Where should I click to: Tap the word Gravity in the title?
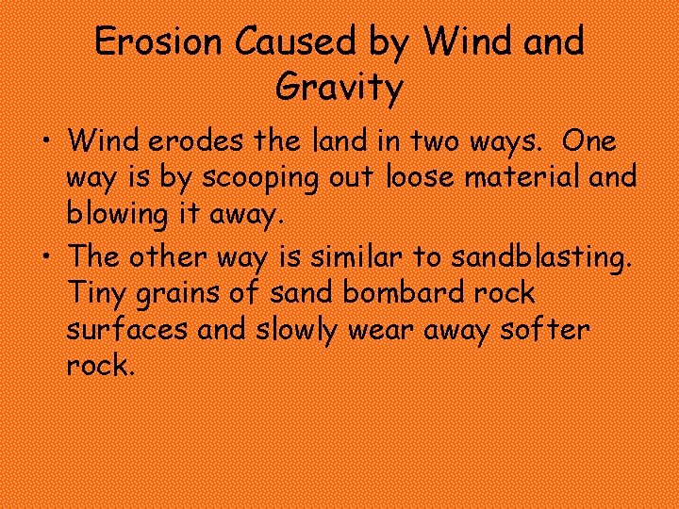(x=339, y=88)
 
